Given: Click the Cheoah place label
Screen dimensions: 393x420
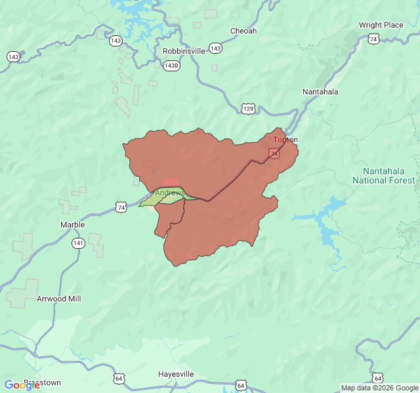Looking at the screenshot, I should click(x=243, y=31).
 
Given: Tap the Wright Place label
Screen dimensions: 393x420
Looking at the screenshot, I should click(x=381, y=26).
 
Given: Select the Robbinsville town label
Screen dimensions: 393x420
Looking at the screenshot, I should click(x=184, y=50).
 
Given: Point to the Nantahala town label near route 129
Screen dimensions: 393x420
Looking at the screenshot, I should click(x=320, y=92).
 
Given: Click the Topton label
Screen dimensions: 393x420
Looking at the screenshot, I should click(x=285, y=140).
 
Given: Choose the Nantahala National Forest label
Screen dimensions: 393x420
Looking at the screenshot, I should click(x=384, y=176).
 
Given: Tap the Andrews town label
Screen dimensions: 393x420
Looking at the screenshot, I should click(x=168, y=193).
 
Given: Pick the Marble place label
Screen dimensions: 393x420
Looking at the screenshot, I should click(x=72, y=225).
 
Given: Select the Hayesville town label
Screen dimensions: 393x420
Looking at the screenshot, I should click(x=176, y=374).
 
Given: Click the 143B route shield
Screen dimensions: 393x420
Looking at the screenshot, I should click(x=171, y=65).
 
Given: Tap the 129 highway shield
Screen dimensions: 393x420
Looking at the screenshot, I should click(x=247, y=108).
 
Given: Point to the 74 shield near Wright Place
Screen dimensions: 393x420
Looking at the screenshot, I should click(x=373, y=39).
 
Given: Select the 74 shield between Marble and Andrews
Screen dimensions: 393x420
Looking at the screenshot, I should click(x=121, y=207).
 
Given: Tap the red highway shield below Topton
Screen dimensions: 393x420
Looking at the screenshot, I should click(x=274, y=153).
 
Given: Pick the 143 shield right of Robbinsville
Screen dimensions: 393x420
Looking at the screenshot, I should click(x=215, y=49).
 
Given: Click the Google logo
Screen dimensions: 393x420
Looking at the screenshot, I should click(x=22, y=384).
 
